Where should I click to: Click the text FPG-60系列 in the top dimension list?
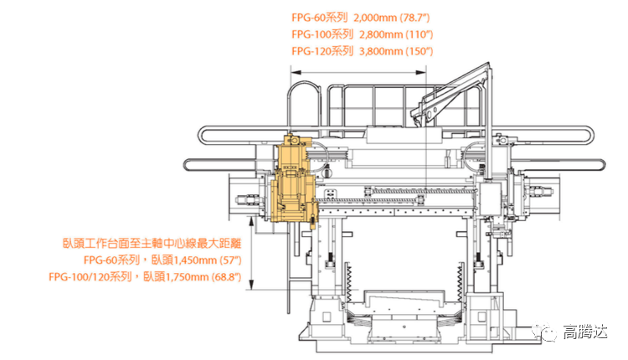(x=319, y=18)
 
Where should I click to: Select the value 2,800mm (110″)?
(x=396, y=34)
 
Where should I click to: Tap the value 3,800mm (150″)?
(x=396, y=51)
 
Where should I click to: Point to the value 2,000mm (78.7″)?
(x=392, y=18)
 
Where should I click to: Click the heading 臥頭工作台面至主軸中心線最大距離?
(x=152, y=243)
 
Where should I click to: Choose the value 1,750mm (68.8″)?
(x=203, y=277)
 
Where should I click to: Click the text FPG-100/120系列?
(x=90, y=277)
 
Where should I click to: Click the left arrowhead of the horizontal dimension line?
(x=296, y=73)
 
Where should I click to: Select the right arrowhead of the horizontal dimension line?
(x=421, y=73)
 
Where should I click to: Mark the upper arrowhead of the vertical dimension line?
(x=251, y=221)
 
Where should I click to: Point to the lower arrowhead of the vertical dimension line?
(x=251, y=284)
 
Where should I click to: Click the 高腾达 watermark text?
(x=585, y=332)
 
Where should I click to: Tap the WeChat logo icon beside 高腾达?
(x=544, y=332)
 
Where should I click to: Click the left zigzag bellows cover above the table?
(x=348, y=284)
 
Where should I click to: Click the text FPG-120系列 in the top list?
(x=322, y=51)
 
